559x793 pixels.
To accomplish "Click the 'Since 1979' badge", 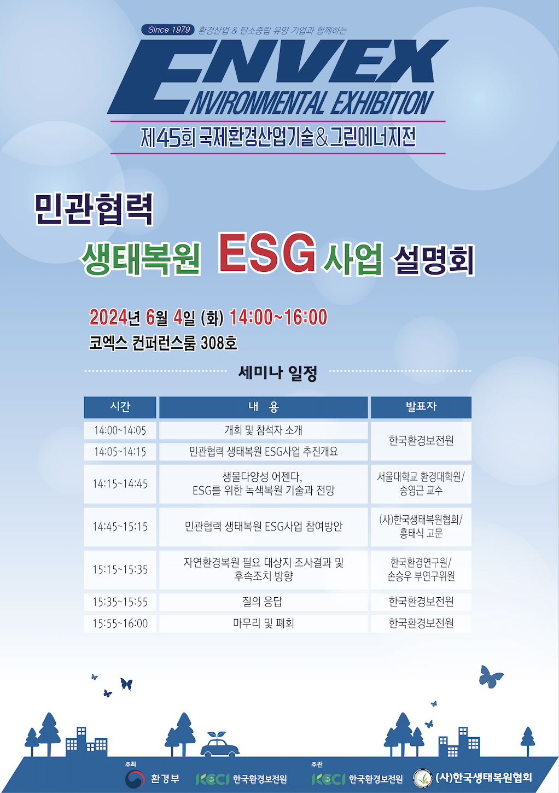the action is (x=168, y=30).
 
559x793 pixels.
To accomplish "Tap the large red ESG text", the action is (x=267, y=253).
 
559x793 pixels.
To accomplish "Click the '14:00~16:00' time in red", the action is (x=278, y=317).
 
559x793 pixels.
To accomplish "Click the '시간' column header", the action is (x=120, y=407).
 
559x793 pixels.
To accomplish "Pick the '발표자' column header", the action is (x=421, y=407).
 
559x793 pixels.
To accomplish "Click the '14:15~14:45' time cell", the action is (x=120, y=484).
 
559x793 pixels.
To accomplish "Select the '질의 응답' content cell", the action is (x=264, y=602).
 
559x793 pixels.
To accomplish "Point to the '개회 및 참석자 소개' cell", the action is (x=264, y=430).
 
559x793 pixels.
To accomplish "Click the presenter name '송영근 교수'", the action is (x=421, y=491).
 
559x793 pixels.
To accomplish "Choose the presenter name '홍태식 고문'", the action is (x=421, y=534).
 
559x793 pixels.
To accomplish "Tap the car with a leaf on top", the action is (x=220, y=744).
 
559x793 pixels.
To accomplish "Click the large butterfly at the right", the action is (x=491, y=677).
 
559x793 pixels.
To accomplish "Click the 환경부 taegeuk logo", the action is (x=135, y=779).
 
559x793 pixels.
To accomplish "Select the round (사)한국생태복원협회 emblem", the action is (x=423, y=778).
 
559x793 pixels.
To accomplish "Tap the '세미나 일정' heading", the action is (x=277, y=373).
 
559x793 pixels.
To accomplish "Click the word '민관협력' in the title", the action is (x=94, y=209).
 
